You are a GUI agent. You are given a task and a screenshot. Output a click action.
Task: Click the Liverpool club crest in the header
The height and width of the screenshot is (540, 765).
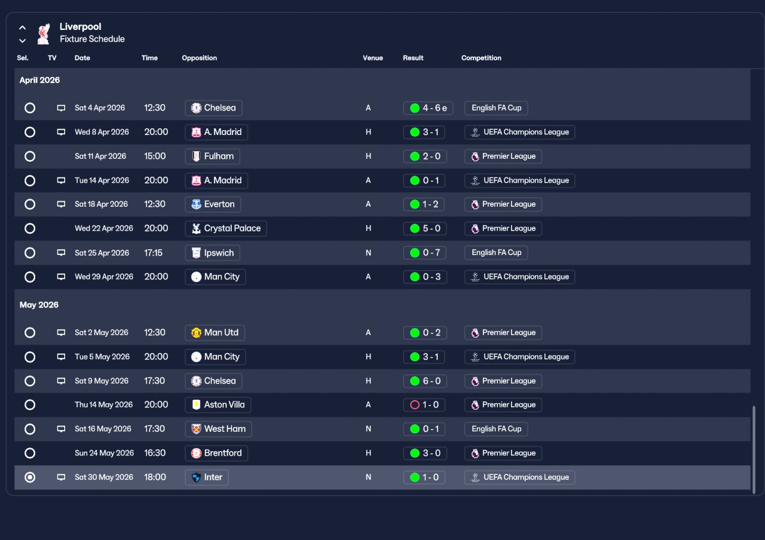[x=44, y=34]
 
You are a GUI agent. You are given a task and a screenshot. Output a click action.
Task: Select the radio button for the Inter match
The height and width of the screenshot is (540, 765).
[x=30, y=477]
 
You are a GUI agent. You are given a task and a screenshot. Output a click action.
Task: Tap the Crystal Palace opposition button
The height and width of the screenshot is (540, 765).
[x=226, y=228]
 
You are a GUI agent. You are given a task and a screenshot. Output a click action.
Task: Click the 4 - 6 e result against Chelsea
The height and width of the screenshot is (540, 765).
[x=428, y=108]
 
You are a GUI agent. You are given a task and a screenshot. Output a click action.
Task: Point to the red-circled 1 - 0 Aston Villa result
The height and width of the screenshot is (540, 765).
[x=424, y=405]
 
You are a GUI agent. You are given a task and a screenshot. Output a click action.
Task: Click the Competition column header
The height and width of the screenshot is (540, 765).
[x=481, y=58]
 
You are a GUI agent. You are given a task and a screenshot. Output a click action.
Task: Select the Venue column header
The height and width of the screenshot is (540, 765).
[x=372, y=58]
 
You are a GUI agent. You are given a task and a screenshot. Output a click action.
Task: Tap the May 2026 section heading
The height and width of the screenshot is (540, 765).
[x=39, y=305]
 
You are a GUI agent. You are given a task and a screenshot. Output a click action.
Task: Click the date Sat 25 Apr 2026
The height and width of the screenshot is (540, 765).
[x=102, y=253]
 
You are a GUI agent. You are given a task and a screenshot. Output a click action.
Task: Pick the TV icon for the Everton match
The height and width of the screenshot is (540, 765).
[x=61, y=204]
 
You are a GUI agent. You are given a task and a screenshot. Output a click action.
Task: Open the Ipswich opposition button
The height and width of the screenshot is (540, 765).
[x=212, y=253]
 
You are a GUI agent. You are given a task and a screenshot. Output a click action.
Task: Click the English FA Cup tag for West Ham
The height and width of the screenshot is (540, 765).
[x=496, y=429]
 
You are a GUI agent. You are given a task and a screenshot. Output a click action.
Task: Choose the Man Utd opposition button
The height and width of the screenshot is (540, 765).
[x=215, y=333]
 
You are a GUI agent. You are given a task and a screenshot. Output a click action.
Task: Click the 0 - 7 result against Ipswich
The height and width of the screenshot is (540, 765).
[x=425, y=253]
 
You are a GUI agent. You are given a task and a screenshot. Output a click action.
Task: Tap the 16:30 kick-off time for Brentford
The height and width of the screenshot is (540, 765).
[x=155, y=453]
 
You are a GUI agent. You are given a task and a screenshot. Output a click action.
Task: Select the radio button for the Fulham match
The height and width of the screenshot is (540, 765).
[x=30, y=157]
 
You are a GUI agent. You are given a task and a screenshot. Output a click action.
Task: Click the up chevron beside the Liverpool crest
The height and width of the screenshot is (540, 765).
[x=23, y=27]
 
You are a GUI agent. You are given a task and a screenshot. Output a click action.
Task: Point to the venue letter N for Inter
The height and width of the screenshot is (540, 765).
[x=368, y=477]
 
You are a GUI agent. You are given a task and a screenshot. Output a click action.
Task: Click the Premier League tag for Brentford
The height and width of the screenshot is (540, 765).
[x=503, y=453]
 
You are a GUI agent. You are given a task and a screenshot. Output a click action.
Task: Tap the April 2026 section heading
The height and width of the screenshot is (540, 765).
[x=39, y=80]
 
